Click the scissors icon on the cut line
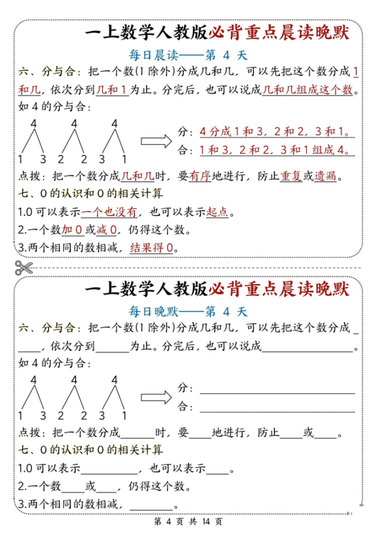(x=23, y=268)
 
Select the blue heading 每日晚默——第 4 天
(x=188, y=312)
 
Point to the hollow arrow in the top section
(x=156, y=141)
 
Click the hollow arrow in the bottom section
(x=156, y=397)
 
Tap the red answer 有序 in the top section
(x=200, y=177)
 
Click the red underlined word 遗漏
(x=325, y=177)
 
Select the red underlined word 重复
(x=291, y=177)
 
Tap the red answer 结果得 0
(x=151, y=248)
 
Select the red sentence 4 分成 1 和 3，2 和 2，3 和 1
(x=274, y=131)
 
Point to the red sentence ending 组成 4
(x=274, y=150)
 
